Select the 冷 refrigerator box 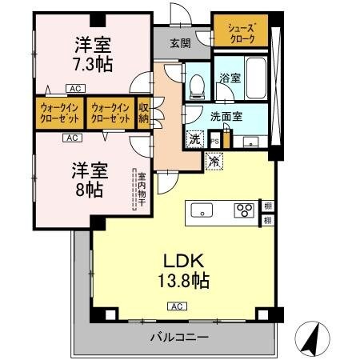[214, 160]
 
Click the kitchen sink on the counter [202, 211]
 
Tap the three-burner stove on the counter [243, 211]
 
